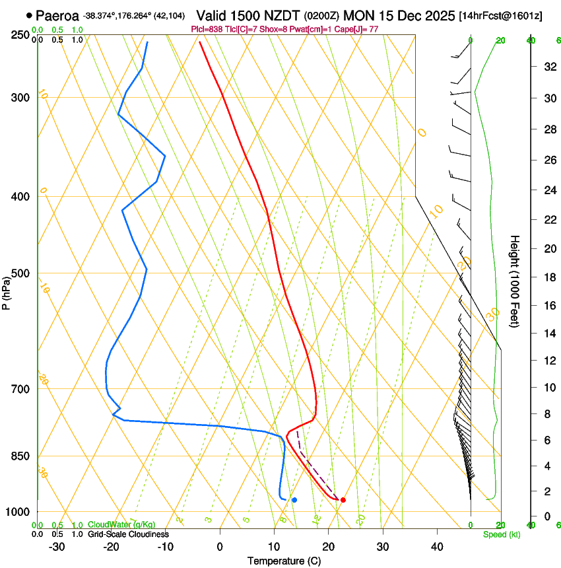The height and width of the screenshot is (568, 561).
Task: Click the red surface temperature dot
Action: (343, 500)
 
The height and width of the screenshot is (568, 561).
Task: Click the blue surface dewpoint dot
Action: (294, 500)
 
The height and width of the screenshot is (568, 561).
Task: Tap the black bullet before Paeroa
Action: (29, 15)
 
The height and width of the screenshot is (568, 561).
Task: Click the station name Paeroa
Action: (57, 15)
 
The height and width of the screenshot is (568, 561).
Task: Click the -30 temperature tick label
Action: (57, 546)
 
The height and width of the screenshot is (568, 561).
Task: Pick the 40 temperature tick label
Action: (436, 546)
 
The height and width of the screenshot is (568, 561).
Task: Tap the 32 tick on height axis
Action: (548, 67)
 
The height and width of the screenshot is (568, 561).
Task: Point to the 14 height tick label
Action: (548, 335)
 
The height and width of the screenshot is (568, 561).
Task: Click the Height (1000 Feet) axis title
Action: (515, 281)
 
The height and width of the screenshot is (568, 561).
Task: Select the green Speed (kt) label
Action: (502, 534)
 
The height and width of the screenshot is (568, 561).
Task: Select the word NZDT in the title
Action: (284, 15)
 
